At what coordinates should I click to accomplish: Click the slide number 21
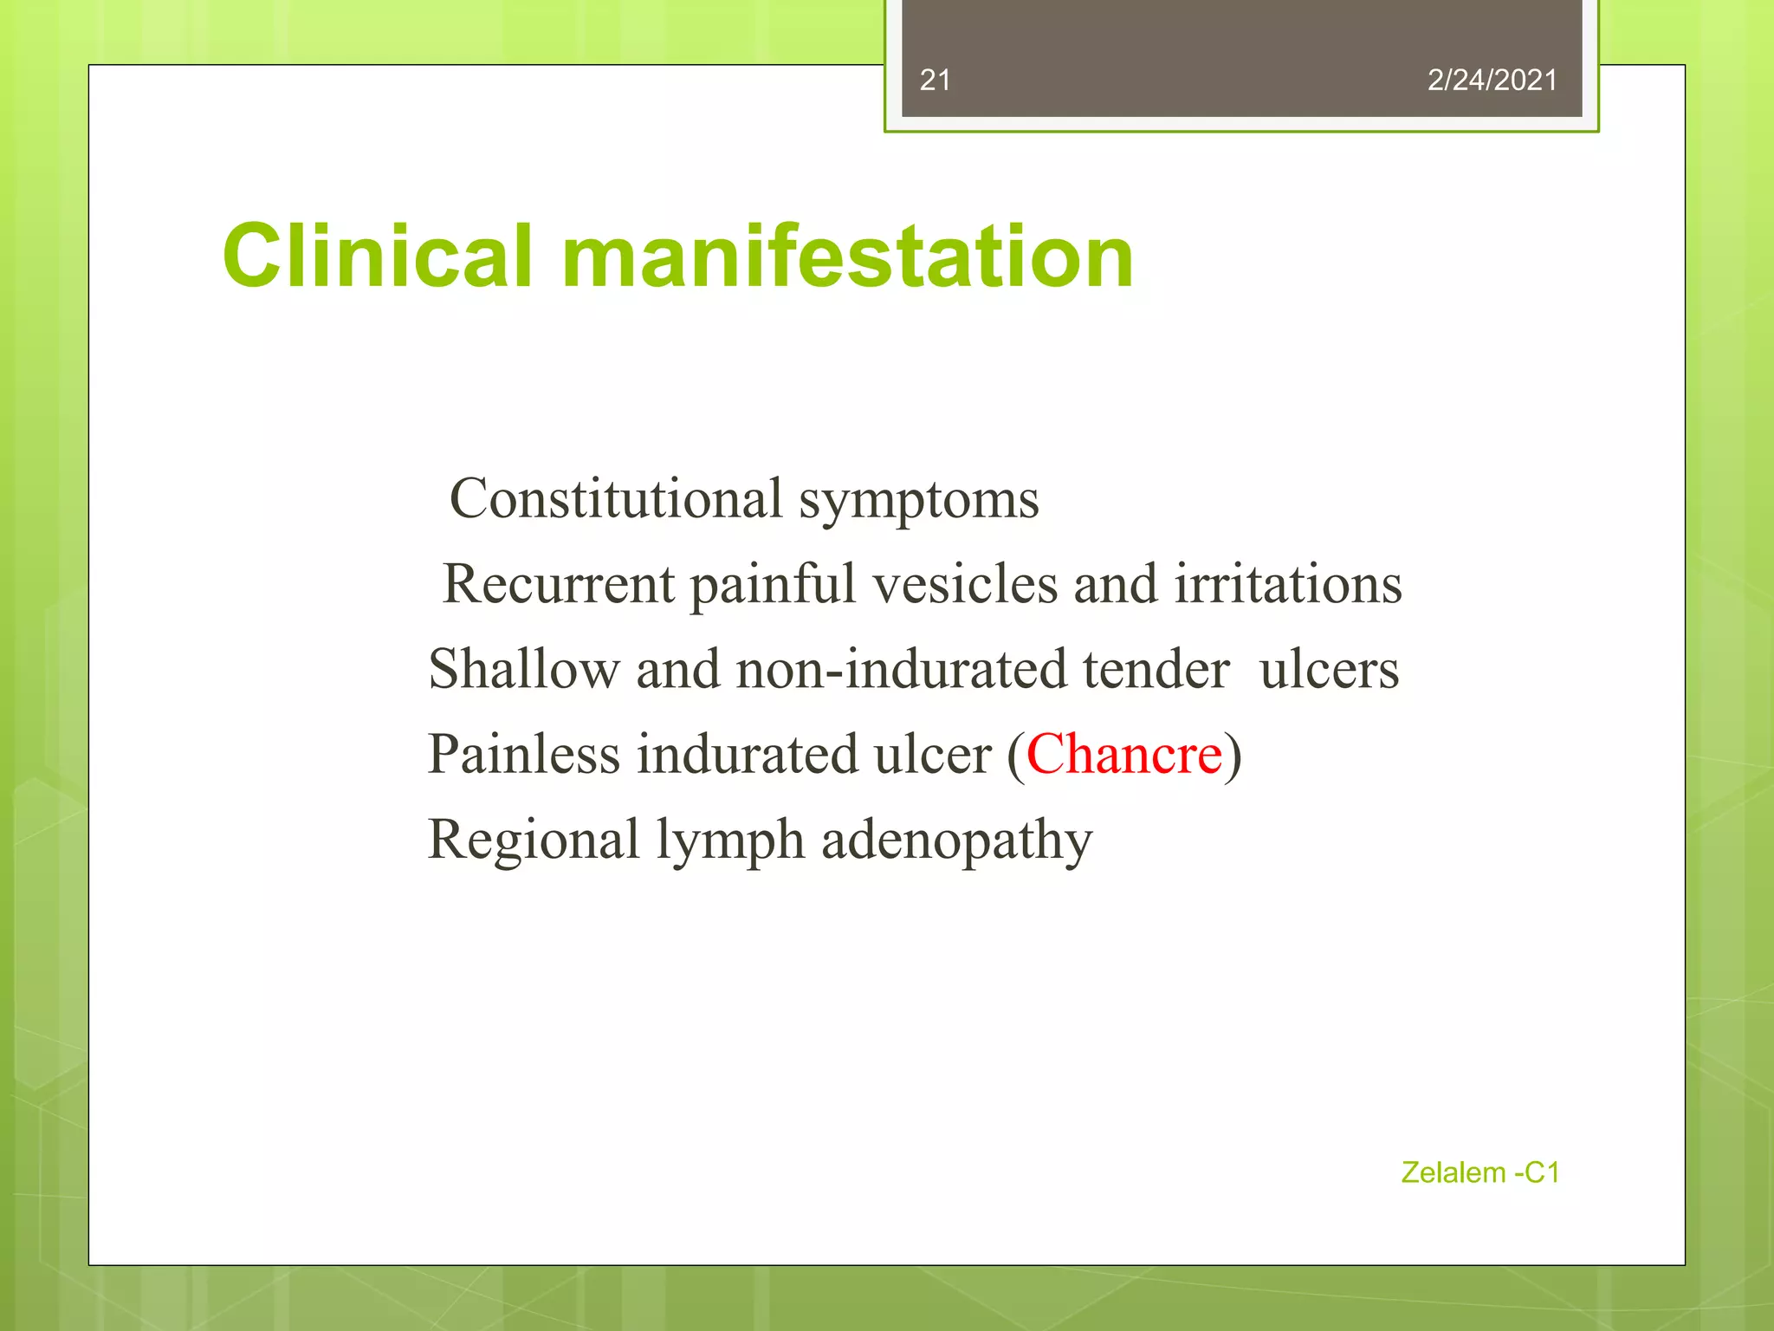pos(935,81)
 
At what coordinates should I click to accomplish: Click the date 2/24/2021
pos(1492,81)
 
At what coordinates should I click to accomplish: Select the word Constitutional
pos(616,499)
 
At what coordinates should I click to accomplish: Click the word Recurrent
pos(558,584)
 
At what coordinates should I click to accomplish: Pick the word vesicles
pos(965,584)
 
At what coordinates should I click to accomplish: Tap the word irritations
pos(1288,584)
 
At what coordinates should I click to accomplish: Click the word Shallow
pos(524,669)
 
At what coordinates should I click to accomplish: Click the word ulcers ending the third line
pos(1329,671)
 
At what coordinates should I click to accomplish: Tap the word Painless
pos(523,754)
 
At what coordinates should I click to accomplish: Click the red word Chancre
pos(1123,754)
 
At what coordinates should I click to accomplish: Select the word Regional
pos(533,841)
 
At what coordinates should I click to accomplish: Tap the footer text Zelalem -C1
pos(1479,1172)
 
